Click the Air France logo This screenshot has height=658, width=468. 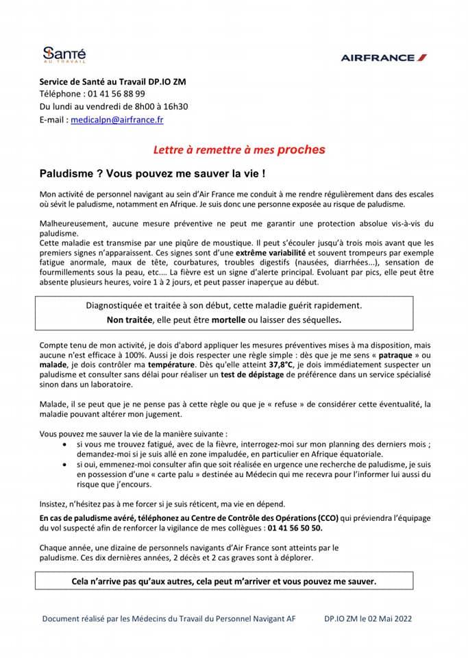click(383, 58)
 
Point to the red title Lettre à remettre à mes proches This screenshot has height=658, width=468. click(238, 149)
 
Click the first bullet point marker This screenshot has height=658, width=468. click(80, 444)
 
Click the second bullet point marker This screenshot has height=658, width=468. click(80, 464)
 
